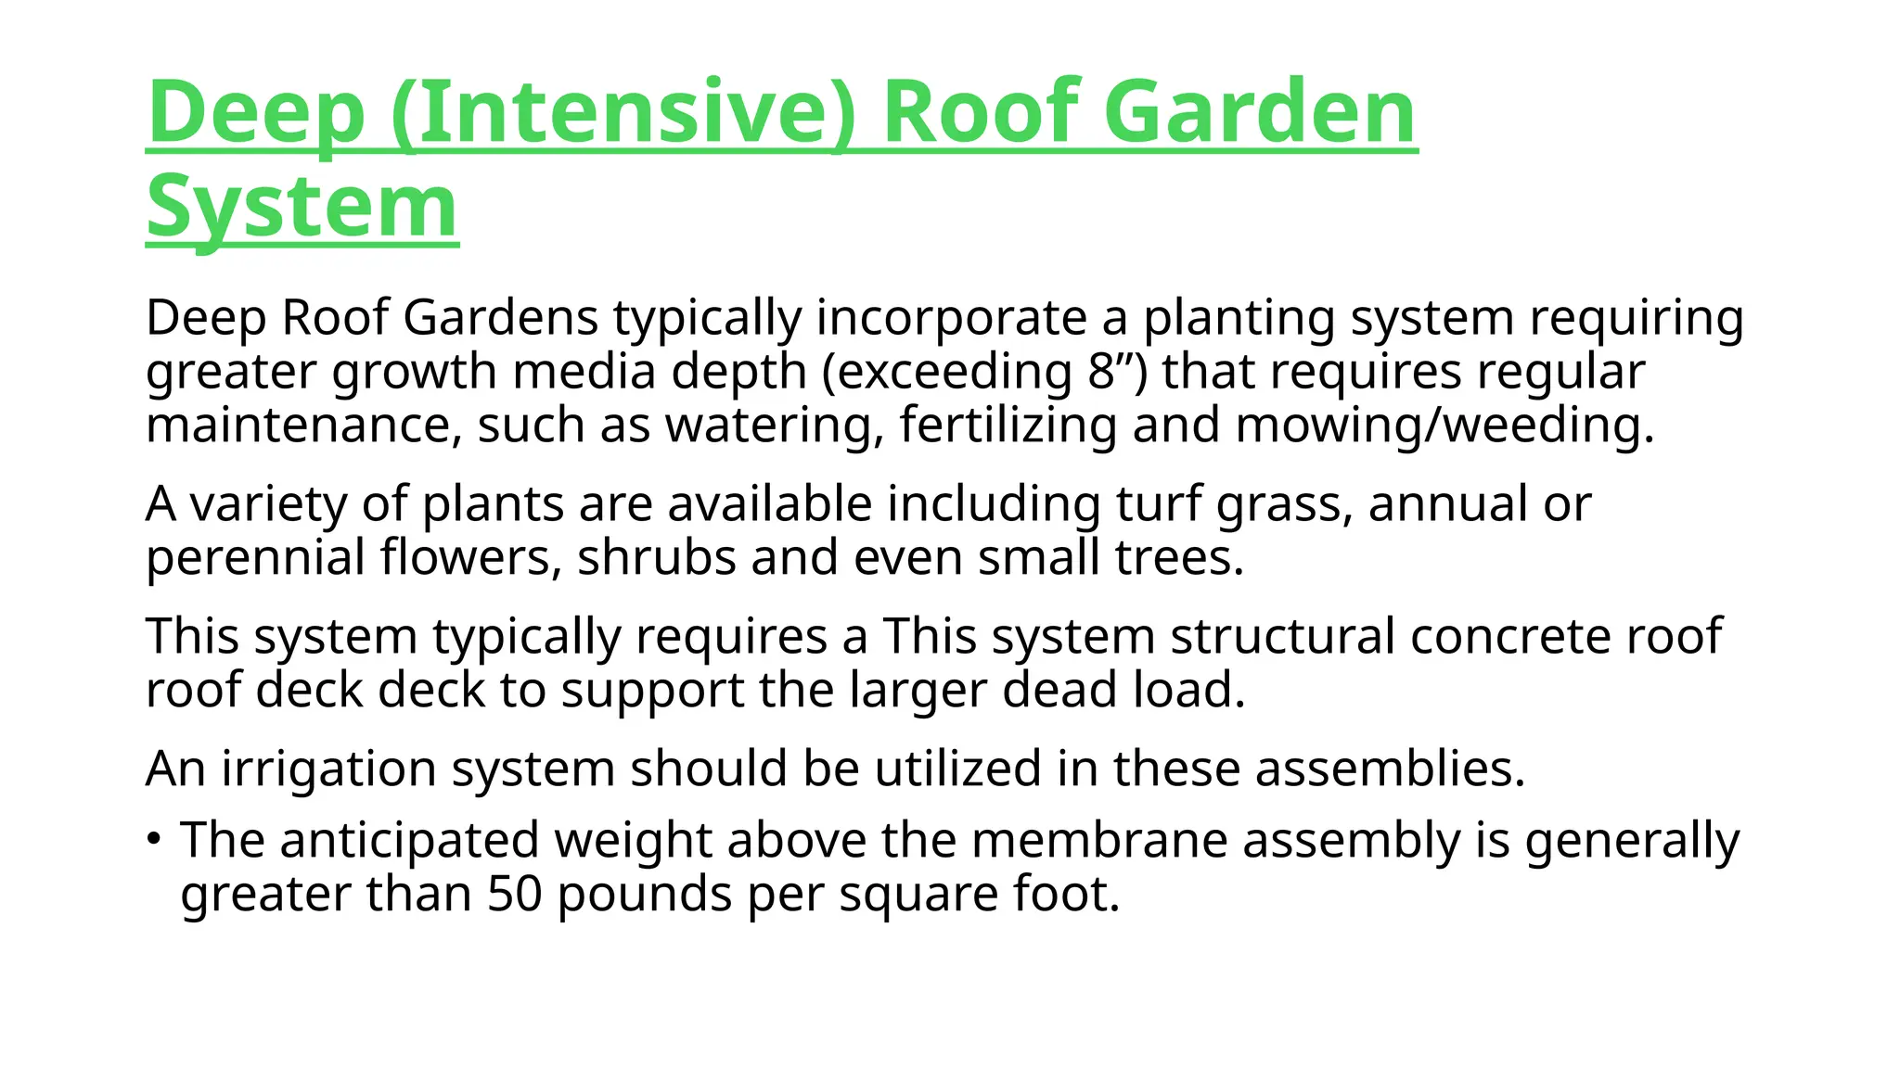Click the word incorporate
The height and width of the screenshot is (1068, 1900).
pyautogui.click(x=951, y=318)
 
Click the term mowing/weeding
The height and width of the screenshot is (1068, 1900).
pyautogui.click(x=1444, y=426)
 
